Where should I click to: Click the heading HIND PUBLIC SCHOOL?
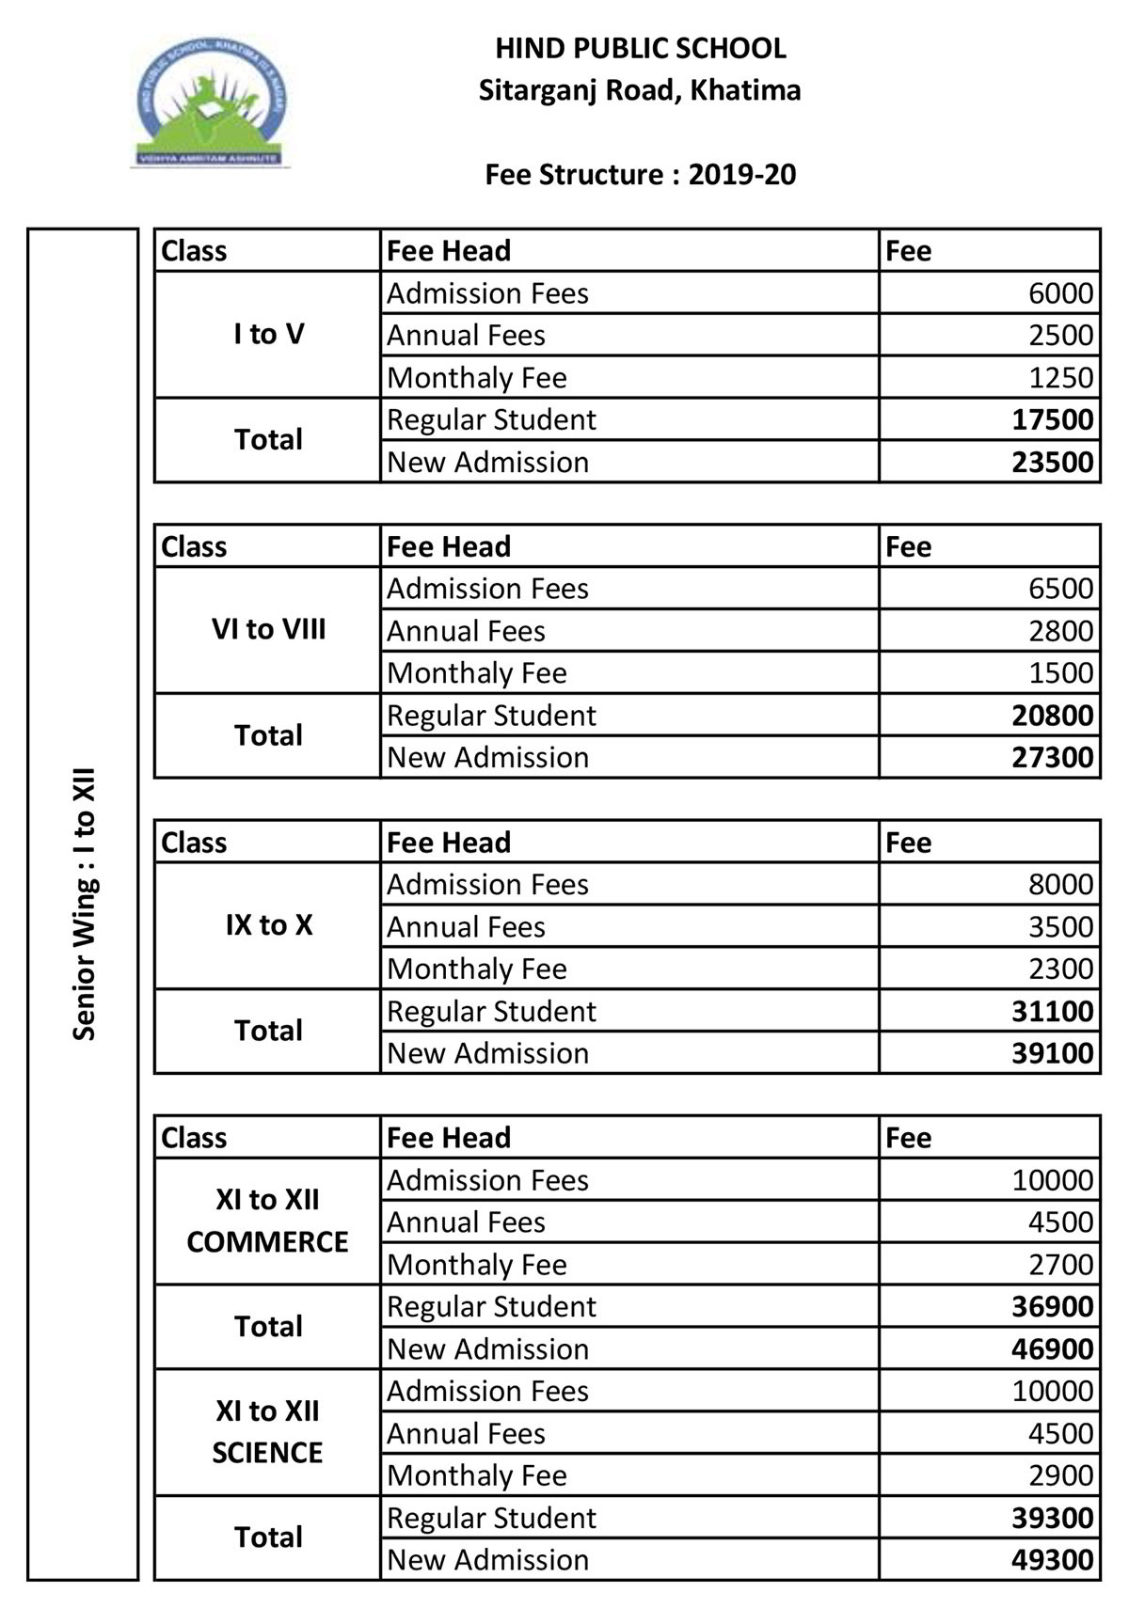(x=640, y=49)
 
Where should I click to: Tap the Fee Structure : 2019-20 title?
(x=640, y=175)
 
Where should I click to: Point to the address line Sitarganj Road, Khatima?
(x=640, y=91)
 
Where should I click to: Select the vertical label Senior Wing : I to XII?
(x=84, y=905)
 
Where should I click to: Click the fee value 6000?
(x=1060, y=293)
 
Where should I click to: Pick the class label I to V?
(x=268, y=335)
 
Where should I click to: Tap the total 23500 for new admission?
(x=1052, y=463)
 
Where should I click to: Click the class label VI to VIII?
(x=268, y=630)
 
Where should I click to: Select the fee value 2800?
(x=1060, y=631)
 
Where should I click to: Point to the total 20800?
(x=1052, y=716)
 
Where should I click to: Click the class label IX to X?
(x=268, y=925)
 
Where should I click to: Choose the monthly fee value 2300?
(x=1060, y=969)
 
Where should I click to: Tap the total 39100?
(x=1052, y=1053)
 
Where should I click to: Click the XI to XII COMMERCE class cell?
(x=268, y=1221)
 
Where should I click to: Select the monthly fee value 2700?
(x=1060, y=1265)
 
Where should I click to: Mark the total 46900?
(x=1052, y=1349)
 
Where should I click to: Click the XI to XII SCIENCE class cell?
(x=268, y=1432)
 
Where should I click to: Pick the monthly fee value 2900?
(x=1060, y=1475)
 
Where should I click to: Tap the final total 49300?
(x=1052, y=1560)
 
